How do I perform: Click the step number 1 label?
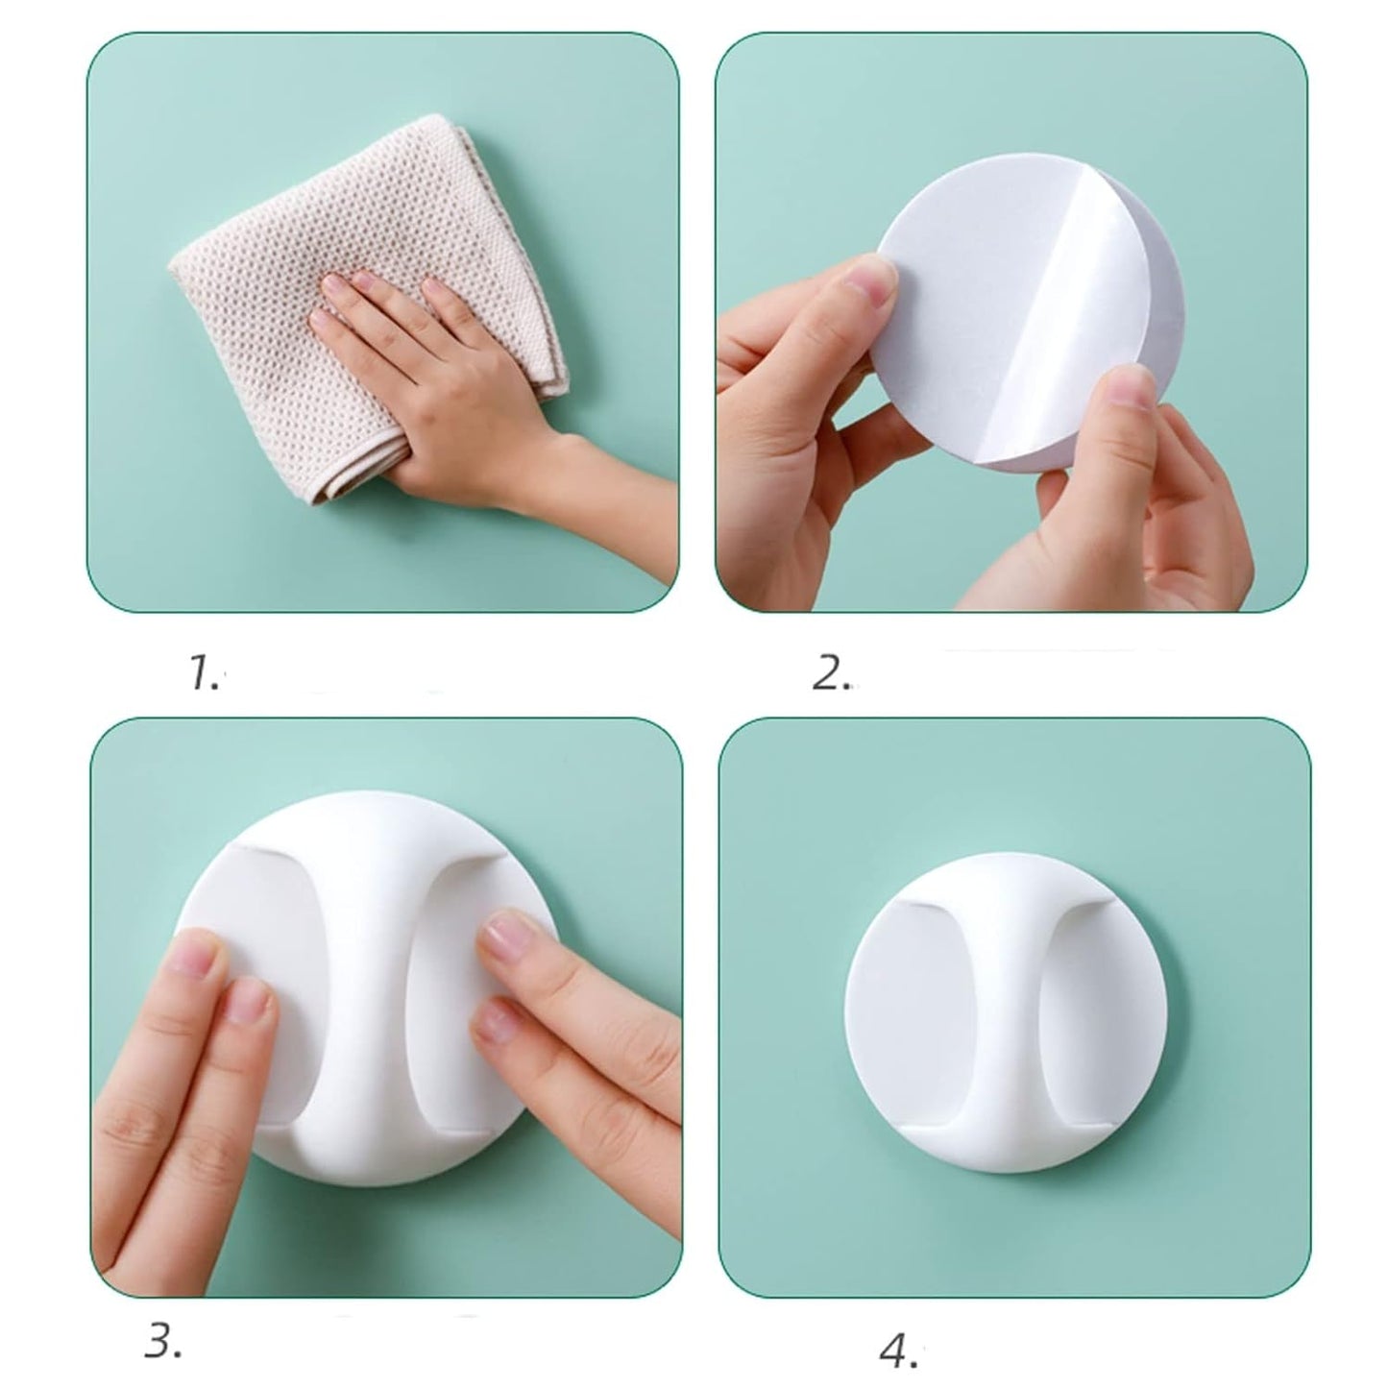[x=203, y=674]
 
